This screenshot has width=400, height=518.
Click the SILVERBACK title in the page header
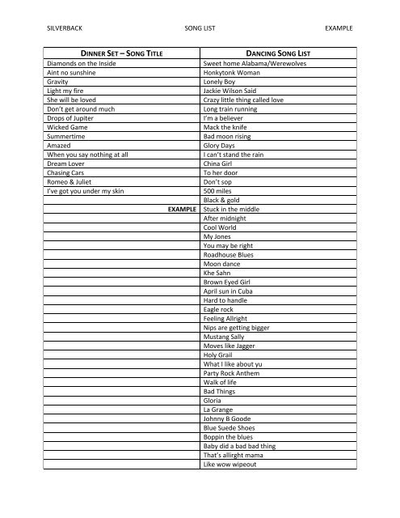click(x=66, y=27)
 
